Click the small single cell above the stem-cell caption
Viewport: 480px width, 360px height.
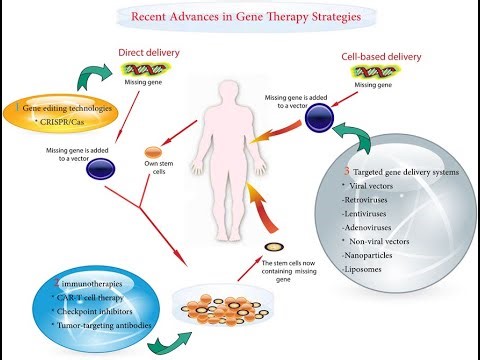pyautogui.click(x=270, y=247)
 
